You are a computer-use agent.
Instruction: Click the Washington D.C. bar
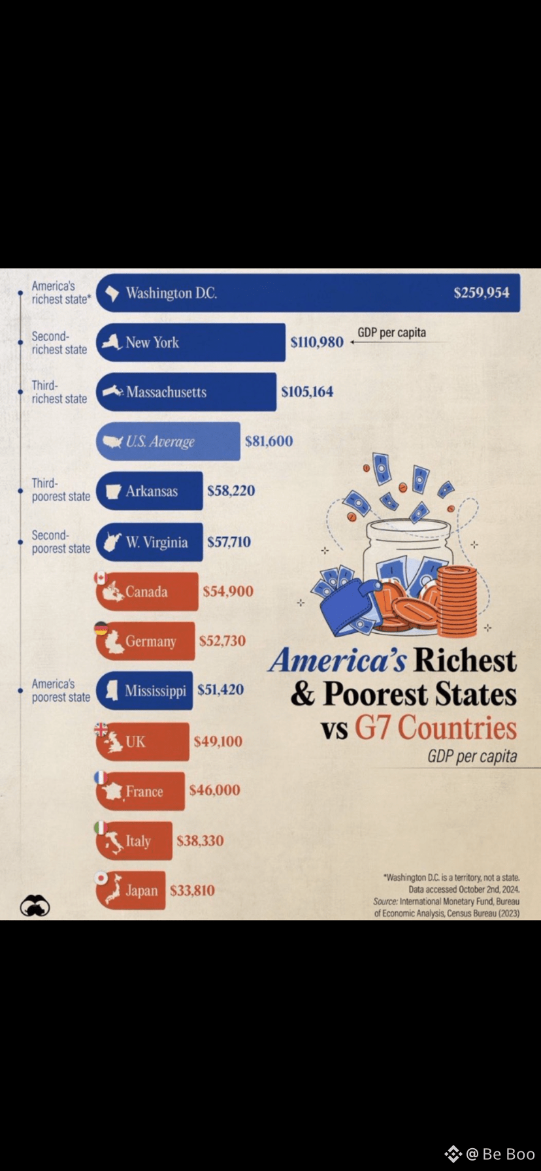(308, 293)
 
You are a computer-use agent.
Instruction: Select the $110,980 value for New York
(317, 342)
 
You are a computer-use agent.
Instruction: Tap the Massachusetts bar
(186, 392)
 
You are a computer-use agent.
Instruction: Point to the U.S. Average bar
(168, 441)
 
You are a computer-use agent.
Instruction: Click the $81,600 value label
(269, 441)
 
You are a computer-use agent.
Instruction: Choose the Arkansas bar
(149, 491)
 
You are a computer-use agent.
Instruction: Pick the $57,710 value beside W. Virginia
(229, 542)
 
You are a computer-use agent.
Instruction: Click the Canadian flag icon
(100, 578)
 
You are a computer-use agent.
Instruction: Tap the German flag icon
(101, 628)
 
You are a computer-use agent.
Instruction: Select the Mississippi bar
(144, 691)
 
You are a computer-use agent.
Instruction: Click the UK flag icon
(101, 729)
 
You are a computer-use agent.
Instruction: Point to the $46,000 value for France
(215, 790)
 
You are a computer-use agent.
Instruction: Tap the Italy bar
(134, 841)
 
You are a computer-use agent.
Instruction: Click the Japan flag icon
(101, 878)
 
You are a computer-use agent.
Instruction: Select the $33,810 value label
(192, 891)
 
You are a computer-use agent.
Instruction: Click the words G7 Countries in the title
(436, 727)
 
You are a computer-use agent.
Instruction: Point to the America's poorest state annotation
(61, 691)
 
